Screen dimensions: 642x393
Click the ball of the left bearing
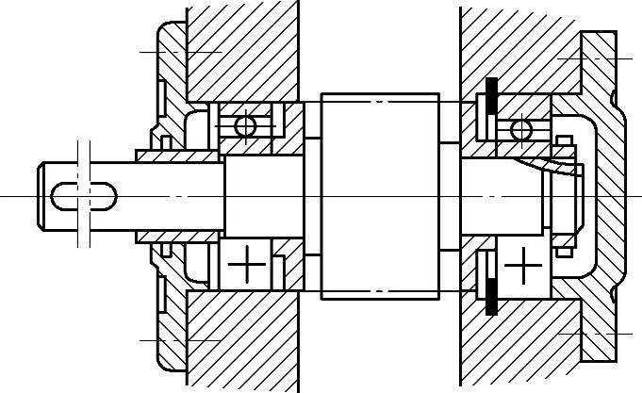246,124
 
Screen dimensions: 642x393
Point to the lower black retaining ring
491,287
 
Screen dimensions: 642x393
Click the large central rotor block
380,195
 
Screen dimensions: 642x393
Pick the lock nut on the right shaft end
564,196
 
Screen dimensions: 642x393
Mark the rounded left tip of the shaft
43,196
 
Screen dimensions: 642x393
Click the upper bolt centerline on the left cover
179,52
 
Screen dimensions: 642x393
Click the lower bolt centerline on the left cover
179,339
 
